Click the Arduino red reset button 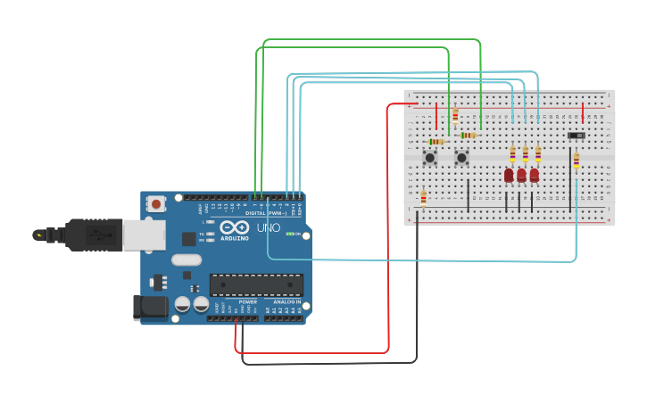157,203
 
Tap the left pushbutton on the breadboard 430,158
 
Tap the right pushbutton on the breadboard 462,158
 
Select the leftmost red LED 509,175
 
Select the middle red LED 521,175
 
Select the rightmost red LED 534,175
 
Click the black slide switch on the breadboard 576,136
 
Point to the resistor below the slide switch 576,161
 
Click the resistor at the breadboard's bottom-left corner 423,198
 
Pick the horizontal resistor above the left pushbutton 436,142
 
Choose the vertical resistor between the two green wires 455,115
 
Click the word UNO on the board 269,228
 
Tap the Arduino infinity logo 233,228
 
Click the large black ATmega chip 256,284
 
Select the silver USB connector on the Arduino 143,235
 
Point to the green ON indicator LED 289,234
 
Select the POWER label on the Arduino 247,301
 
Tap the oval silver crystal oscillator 187,260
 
